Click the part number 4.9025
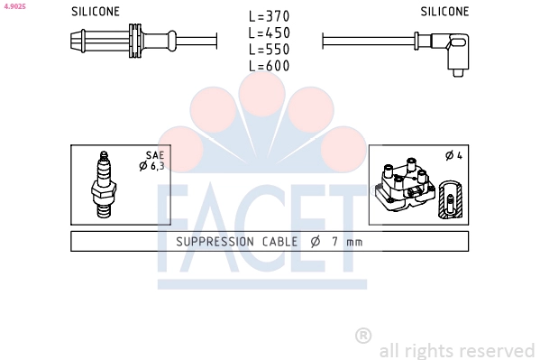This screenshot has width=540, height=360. (14, 6)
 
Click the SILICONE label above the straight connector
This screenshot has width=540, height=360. (96, 12)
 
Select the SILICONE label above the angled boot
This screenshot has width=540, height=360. (444, 12)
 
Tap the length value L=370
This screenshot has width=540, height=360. (270, 16)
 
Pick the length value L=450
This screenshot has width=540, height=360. (270, 32)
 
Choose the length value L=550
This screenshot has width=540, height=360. (270, 50)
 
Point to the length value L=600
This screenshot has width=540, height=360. (270, 66)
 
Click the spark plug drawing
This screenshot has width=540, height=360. (104, 185)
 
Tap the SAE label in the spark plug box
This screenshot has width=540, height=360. (155, 155)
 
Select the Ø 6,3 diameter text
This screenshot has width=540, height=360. (151, 166)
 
